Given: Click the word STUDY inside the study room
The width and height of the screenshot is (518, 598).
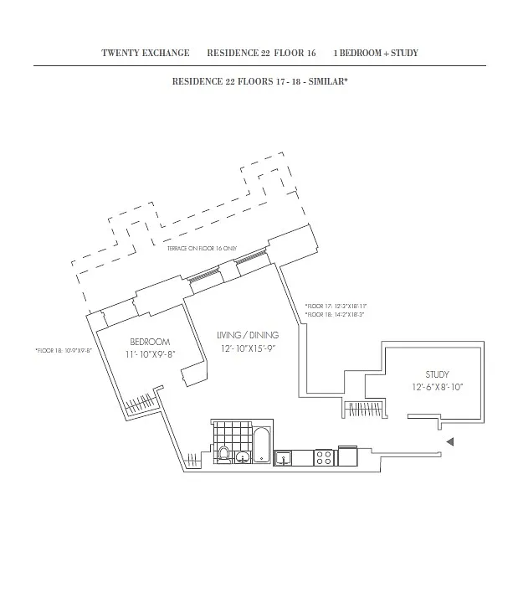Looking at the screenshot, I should pos(437,374).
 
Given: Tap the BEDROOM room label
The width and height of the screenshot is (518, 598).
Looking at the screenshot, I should pos(151,342).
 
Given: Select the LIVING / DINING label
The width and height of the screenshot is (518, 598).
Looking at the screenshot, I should pos(248,335).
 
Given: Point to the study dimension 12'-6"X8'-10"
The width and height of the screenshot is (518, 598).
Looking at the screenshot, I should pos(437,387).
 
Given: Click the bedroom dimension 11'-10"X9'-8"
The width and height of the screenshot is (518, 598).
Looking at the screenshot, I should pos(151,353).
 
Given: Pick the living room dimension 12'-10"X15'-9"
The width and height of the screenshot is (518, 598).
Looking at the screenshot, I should pos(248,348).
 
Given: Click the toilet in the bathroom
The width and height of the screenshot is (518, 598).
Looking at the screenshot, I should pos(223,454).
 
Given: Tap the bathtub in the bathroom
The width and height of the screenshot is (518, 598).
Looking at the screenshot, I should pos(262,446).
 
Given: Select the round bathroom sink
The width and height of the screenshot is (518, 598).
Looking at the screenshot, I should pos(242,457).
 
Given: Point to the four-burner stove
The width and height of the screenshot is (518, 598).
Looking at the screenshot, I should pos(324,457).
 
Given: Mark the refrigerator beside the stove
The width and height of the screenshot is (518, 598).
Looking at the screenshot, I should pos(346,456).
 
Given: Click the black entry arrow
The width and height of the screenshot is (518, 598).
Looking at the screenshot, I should pos(449,442).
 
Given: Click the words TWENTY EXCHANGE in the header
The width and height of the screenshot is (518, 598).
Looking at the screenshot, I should pos(146,54).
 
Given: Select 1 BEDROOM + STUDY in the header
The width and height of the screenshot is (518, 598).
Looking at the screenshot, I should pos(376,54).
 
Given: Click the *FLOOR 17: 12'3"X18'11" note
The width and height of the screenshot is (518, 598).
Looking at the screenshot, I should pos(336,307).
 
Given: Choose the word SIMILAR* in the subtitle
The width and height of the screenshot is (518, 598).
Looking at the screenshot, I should pos(330,82).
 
